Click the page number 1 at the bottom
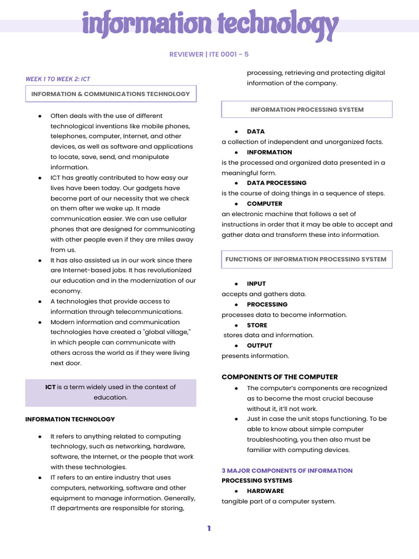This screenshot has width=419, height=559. pos(209,528)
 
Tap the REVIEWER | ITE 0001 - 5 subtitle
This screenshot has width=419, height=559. pos(209,54)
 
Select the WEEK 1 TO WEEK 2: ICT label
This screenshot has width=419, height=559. pos(58,79)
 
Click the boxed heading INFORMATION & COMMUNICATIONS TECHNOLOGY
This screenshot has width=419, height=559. pos(111,94)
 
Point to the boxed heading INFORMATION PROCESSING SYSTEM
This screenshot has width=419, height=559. pos(307,110)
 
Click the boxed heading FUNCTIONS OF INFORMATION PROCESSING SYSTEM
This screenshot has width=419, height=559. pos(306,259)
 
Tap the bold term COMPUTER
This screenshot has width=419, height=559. pos(265,204)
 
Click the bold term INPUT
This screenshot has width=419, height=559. pos(256,284)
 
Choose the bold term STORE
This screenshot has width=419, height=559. pos(257,325)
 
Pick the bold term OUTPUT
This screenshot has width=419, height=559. pos(259,346)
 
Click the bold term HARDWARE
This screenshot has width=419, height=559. pos(265,491)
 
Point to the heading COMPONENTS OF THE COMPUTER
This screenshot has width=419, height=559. pos(279,377)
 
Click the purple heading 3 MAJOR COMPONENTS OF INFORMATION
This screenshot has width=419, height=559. pos(287,471)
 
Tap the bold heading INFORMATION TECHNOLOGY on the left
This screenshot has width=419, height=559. pos(70,419)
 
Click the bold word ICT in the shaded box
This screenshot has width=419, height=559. pos(50,387)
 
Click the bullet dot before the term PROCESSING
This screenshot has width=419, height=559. pos(236,305)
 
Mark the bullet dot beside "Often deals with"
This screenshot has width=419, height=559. pos(40,116)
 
